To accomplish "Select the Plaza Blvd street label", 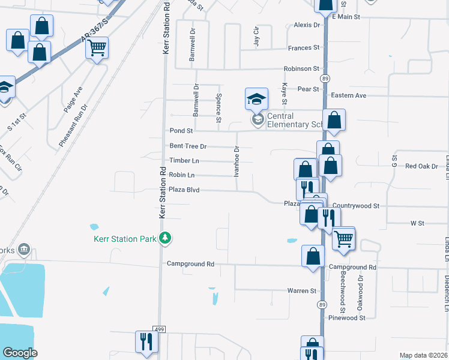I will tap(184, 190).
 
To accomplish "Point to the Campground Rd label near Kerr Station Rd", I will tap(190, 263).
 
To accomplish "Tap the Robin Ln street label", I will tap(182, 175).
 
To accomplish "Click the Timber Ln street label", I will tap(184, 161).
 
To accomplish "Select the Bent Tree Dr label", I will tap(188, 146).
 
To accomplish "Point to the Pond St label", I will tap(181, 131).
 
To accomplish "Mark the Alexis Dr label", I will tap(307, 25).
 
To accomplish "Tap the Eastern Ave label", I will tap(348, 95).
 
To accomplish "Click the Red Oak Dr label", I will tap(421, 166).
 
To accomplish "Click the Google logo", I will tap(20, 353).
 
